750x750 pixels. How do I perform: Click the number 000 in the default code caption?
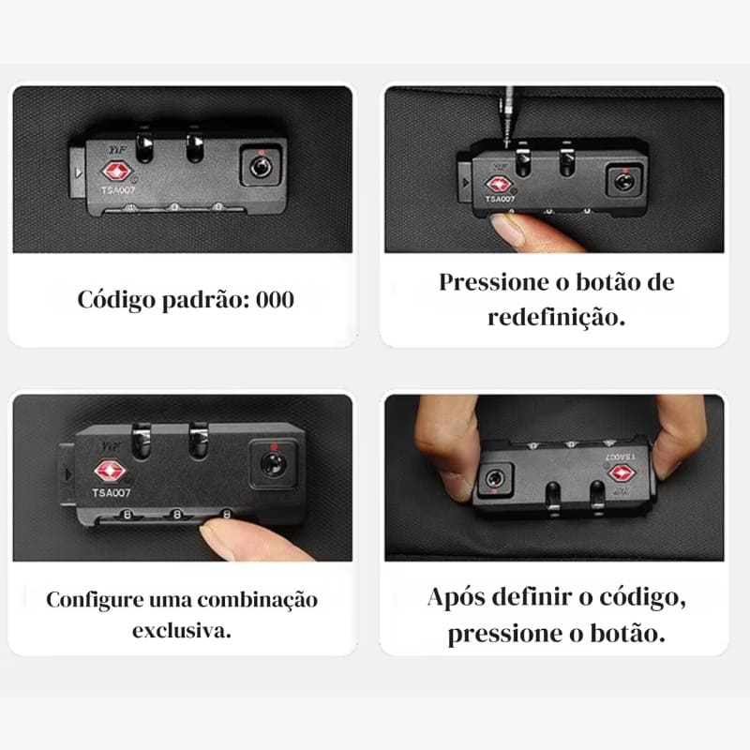275,300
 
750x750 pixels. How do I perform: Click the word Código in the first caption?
116,301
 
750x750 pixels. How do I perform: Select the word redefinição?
556,318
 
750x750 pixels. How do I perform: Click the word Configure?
95,601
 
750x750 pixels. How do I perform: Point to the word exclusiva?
182,631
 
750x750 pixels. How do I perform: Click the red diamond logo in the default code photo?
116,172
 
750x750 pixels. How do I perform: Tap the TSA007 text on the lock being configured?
112,493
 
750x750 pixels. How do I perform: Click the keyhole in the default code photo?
261,168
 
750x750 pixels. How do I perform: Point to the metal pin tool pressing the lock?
507,116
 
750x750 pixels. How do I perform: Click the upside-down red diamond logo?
622,473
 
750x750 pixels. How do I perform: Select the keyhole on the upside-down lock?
494,478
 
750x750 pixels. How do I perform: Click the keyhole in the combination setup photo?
273,464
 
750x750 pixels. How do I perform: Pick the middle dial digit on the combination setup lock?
177,515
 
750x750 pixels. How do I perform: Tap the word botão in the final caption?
627,634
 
